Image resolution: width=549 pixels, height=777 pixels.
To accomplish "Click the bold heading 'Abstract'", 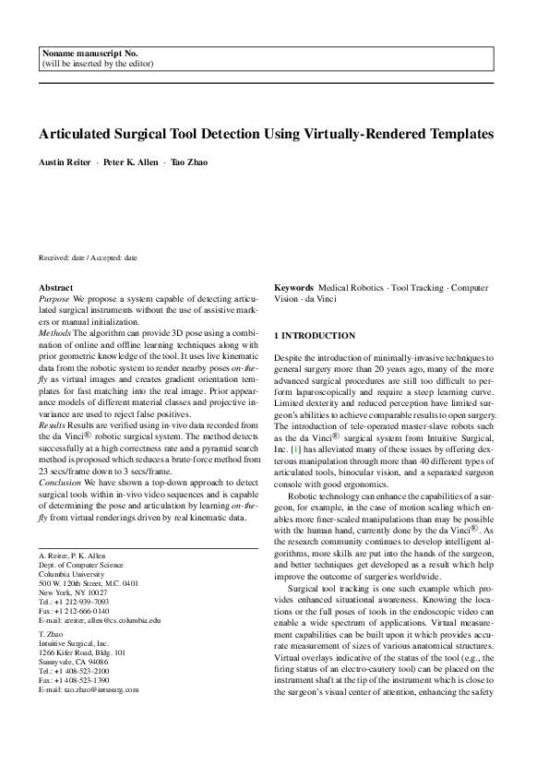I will [x=55, y=289].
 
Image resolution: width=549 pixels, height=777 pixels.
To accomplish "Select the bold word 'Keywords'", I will [x=293, y=289].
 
